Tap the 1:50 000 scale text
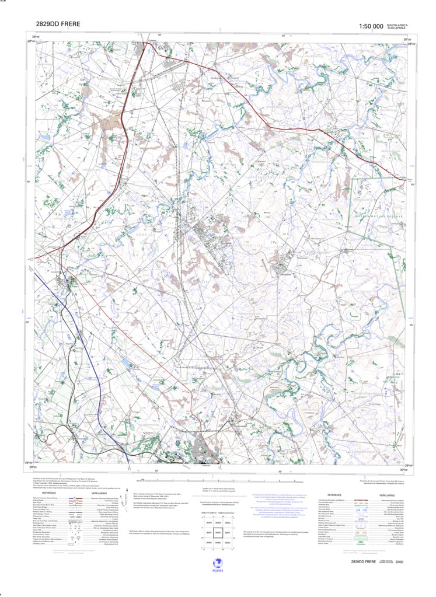[x=371, y=26]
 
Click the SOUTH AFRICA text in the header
[x=398, y=25]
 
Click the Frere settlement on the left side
[x=74, y=285]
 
